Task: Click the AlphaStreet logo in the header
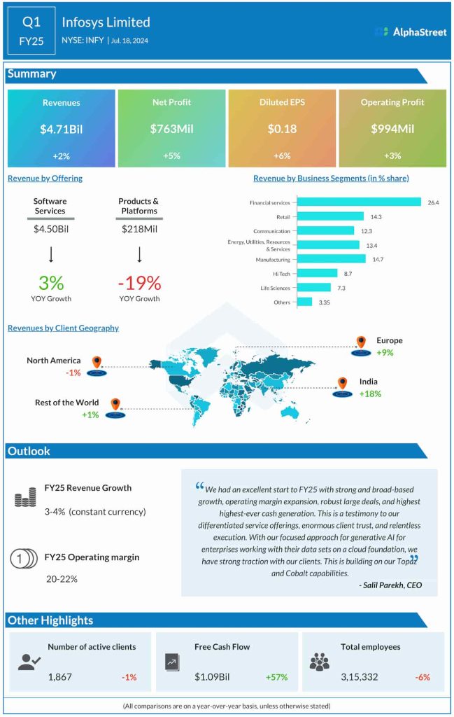coord(409,32)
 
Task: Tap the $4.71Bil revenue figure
coord(61,130)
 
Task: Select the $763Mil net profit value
coord(171,130)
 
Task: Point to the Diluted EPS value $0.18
coord(282,130)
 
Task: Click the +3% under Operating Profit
coord(392,155)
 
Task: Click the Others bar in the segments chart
coord(304,302)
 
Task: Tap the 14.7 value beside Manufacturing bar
coord(377,259)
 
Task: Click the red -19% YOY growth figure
coord(139,283)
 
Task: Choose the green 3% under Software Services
coord(50,283)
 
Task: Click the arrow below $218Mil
coord(139,253)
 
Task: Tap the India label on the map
coord(369,382)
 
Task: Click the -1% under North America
coord(73,373)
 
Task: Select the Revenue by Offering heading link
coord(45,178)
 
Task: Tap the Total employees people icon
coord(319,662)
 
